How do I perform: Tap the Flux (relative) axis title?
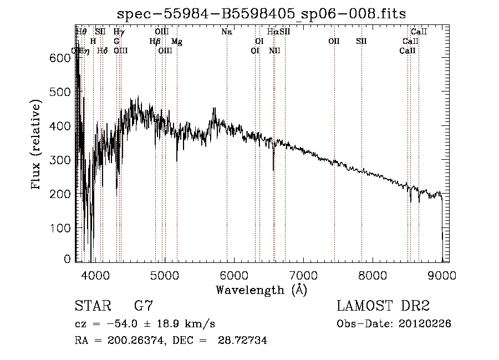(37, 145)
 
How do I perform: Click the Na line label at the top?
(226, 32)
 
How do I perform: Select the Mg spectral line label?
(176, 42)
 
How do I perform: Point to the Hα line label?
(272, 32)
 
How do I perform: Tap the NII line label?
(274, 51)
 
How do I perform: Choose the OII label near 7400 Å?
(334, 42)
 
